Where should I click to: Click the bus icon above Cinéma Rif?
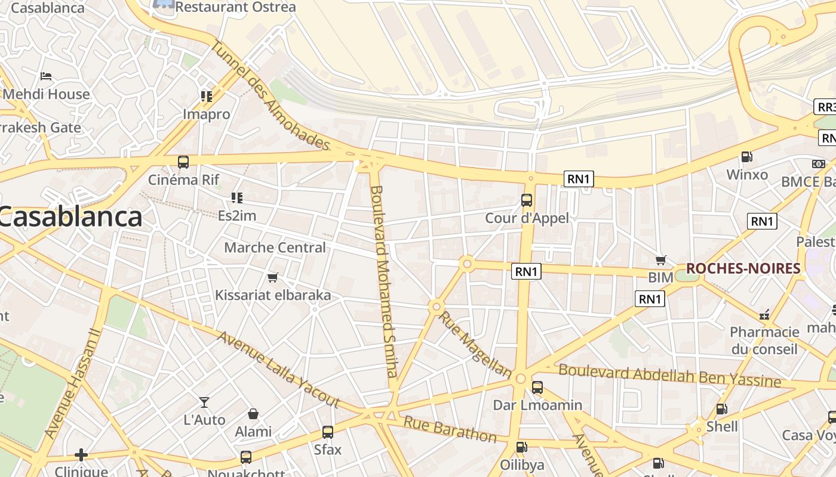pos(183,162)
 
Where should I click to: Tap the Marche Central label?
pos(275,247)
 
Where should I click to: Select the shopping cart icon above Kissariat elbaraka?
pos(273,277)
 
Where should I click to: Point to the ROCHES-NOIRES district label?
pos(743,269)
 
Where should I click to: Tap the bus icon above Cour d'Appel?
pos(527,200)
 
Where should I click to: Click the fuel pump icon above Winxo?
pos(746,157)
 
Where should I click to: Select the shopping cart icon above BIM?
pos(660,260)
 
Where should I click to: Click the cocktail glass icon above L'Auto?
pos(204,402)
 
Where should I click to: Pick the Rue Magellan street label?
pos(475,344)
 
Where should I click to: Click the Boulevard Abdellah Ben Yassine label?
pos(669,376)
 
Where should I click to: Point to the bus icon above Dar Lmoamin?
pos(537,388)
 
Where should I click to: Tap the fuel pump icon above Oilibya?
pos(521,447)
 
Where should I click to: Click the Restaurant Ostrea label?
pos(235,7)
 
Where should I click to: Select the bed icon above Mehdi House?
pos(46,76)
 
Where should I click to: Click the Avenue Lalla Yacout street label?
pos(278,369)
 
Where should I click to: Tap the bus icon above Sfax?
pos(327,432)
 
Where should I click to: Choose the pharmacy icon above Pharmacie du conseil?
pos(764,314)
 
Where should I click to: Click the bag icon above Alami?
pos(253,414)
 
